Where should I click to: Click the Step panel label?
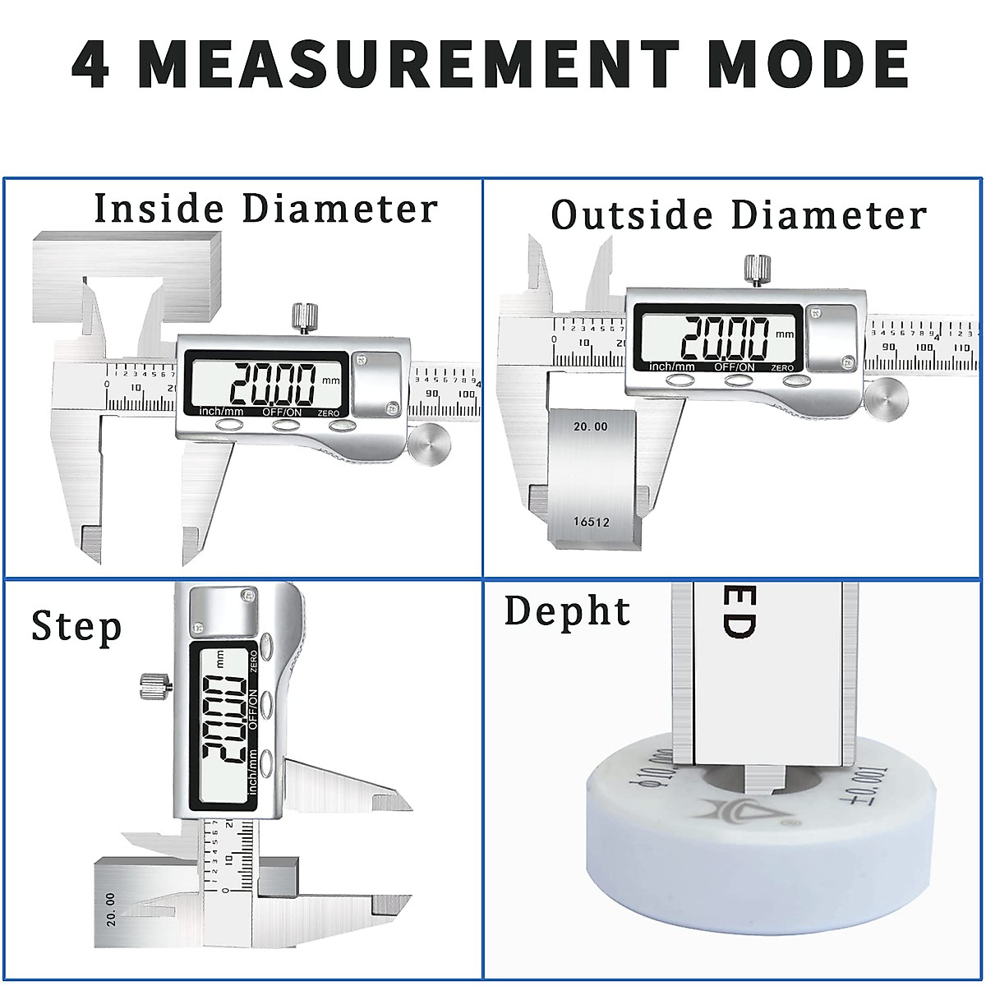[76, 628]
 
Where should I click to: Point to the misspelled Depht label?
[567, 611]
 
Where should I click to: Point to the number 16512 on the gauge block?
[591, 522]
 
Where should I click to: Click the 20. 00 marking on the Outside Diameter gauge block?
[590, 426]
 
